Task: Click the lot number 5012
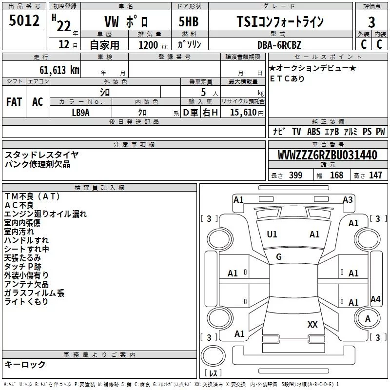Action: coord(24,20)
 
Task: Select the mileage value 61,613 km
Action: coord(59,70)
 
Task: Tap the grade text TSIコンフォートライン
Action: coord(280,21)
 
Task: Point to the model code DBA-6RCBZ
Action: coord(279,45)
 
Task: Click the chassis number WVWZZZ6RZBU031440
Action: coord(327,155)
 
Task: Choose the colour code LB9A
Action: coord(80,113)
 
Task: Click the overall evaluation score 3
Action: coord(371,22)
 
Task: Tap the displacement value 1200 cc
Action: coord(153,45)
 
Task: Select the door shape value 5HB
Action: coord(189,21)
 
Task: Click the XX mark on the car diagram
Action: coord(312,324)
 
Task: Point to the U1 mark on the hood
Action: coord(272,234)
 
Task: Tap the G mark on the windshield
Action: coord(279,257)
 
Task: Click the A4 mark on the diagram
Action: coord(375,299)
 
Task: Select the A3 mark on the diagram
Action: coord(348,200)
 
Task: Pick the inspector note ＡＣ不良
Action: coord(19,205)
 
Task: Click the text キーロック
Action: coord(25,364)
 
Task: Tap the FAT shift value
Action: coord(14,102)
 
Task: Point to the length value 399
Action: coord(295,175)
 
